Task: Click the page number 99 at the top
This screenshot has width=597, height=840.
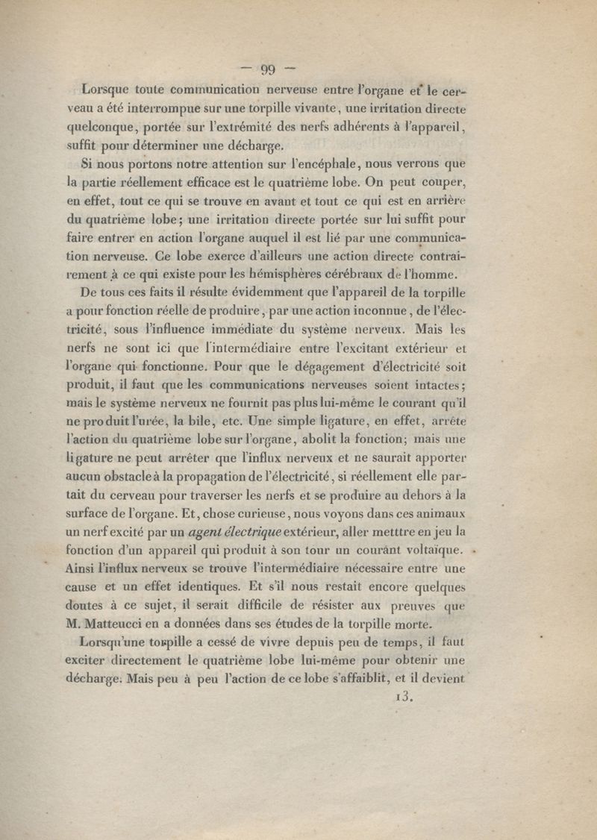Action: coord(268,71)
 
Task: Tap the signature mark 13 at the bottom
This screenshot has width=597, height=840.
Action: coord(401,698)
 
